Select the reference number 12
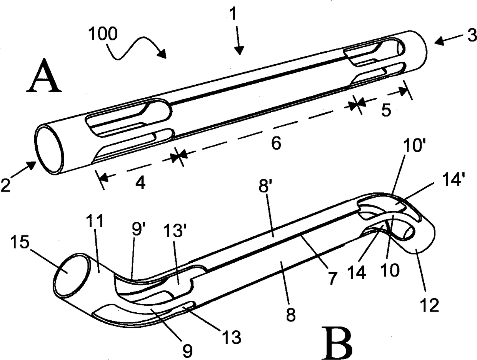point(430,305)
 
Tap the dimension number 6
point(276,143)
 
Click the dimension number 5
point(387,111)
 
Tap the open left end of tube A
point(50,148)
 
